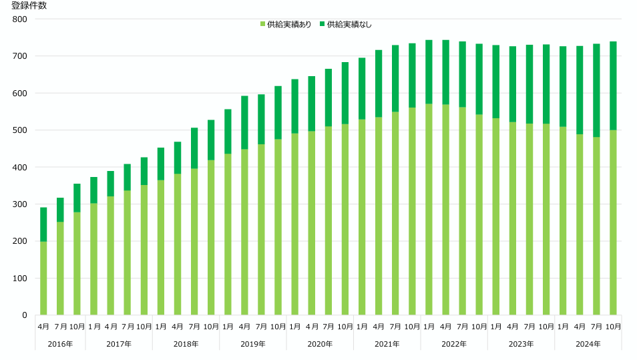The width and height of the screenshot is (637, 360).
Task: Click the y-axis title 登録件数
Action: (29, 6)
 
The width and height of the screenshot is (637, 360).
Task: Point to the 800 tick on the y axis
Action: (20, 19)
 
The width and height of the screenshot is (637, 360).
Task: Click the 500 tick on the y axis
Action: (20, 130)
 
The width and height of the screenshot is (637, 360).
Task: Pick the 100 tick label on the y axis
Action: (20, 279)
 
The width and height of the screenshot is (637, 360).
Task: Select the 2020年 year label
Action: (320, 344)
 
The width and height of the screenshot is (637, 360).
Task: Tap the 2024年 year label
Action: (588, 344)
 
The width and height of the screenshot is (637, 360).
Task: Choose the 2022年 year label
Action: (454, 344)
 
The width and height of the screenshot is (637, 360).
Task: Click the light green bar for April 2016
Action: (43, 278)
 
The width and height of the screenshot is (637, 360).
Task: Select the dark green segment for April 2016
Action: (43, 224)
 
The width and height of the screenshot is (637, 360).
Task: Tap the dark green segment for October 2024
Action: (613, 85)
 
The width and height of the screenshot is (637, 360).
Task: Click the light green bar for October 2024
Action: (613, 222)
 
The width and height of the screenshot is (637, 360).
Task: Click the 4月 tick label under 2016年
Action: (43, 327)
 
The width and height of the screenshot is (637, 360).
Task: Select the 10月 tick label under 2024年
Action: (613, 327)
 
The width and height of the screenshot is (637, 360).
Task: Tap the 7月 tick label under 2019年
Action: (261, 327)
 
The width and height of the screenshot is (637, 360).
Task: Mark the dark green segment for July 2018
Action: (194, 148)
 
